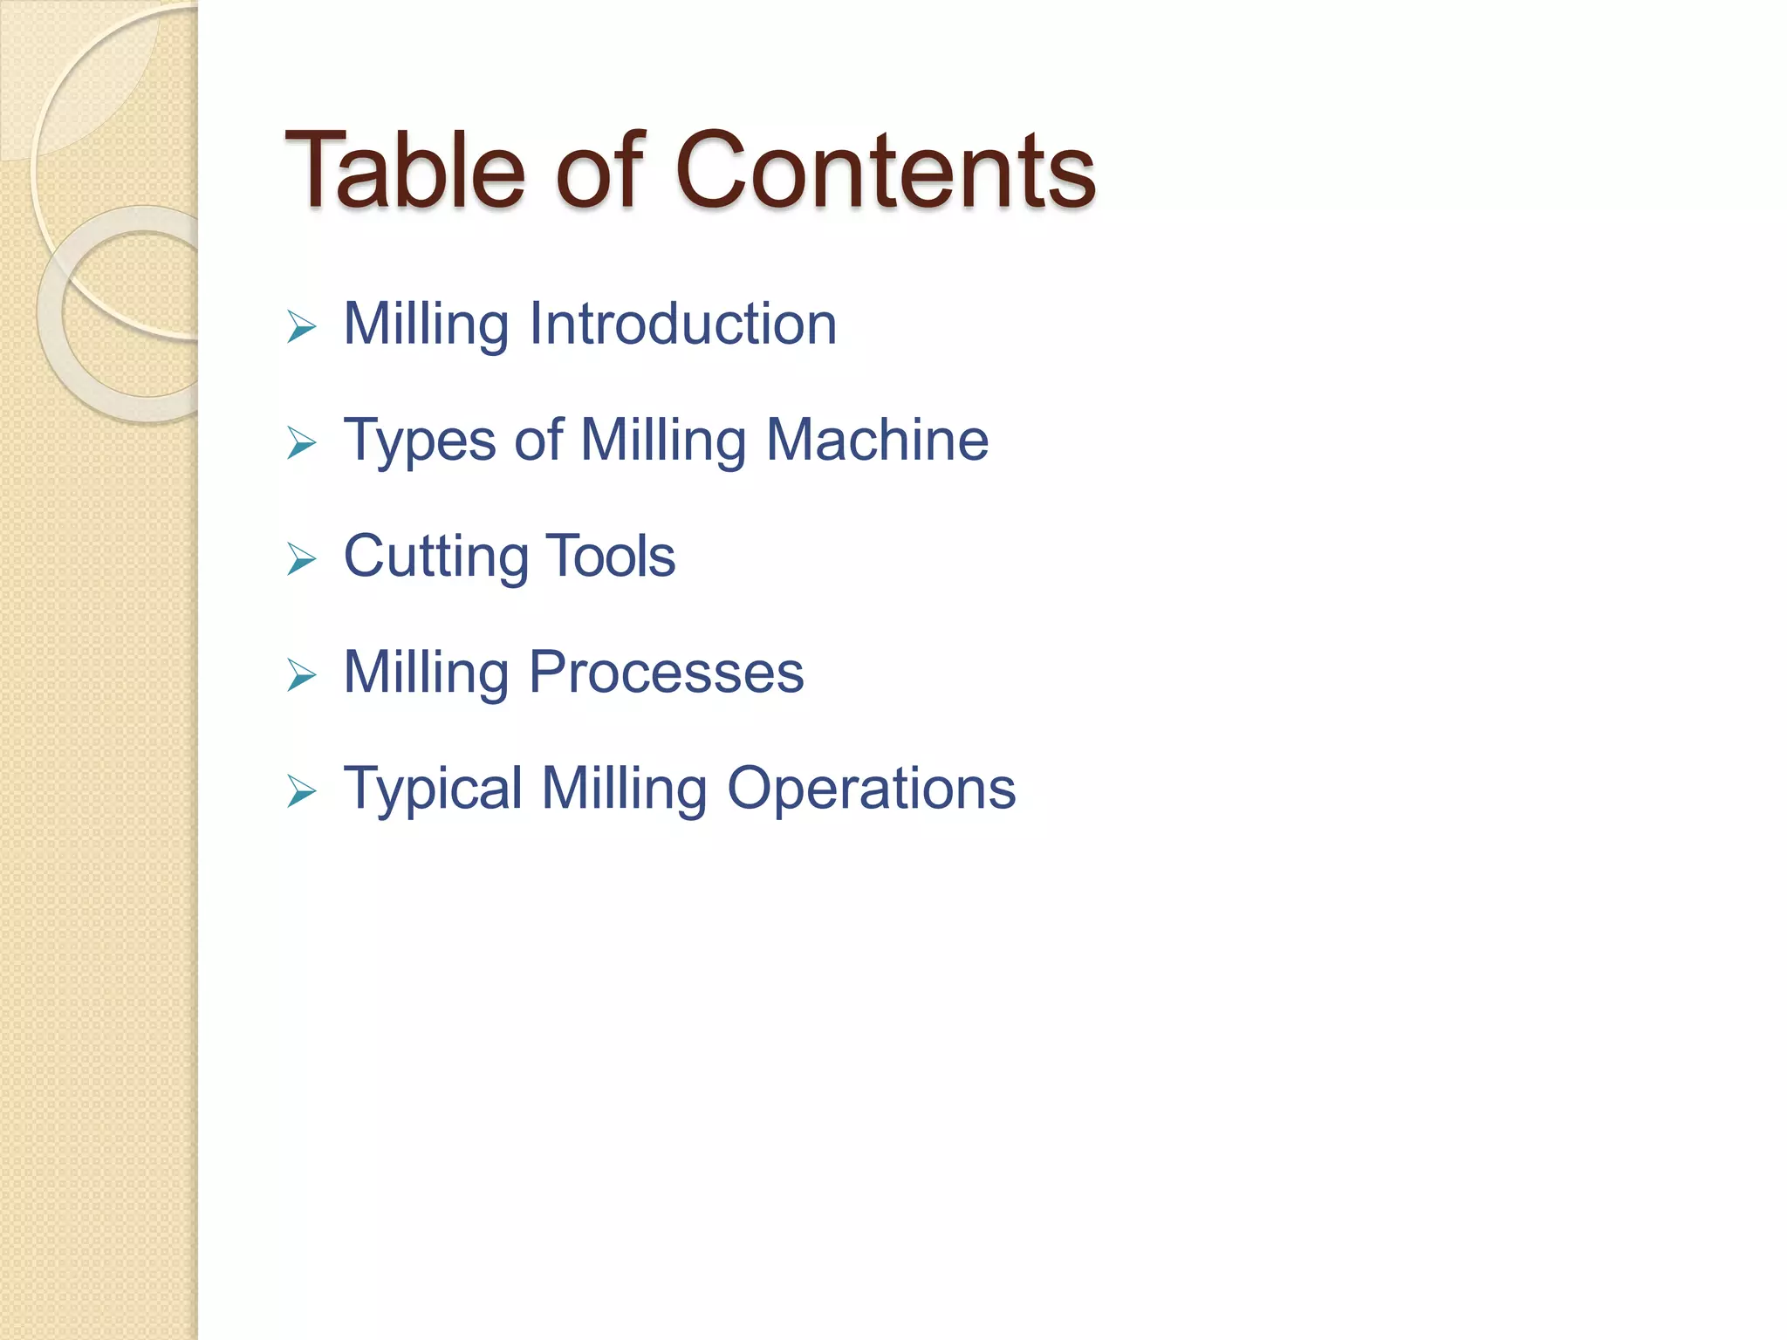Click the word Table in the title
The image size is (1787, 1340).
coord(405,169)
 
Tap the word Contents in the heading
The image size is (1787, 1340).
coord(885,169)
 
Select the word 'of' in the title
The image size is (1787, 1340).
coord(599,169)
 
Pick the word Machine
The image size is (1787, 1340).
coord(877,440)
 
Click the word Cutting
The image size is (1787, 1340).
coord(435,557)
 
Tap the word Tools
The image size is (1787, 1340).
coord(610,556)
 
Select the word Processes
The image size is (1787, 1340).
coord(666,673)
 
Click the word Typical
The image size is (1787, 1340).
coord(433,790)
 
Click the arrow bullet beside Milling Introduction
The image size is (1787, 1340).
coord(301,327)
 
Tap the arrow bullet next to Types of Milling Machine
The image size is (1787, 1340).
coord(301,443)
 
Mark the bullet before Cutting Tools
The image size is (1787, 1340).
coord(301,559)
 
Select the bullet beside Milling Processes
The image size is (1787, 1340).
coord(301,675)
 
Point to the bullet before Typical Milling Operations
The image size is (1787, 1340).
coord(301,791)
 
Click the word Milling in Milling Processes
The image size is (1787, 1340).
coord(426,673)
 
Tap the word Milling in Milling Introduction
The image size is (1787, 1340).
coord(426,324)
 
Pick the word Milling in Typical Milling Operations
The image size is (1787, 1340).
coord(624,789)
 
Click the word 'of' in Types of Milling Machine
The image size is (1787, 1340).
coord(538,440)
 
